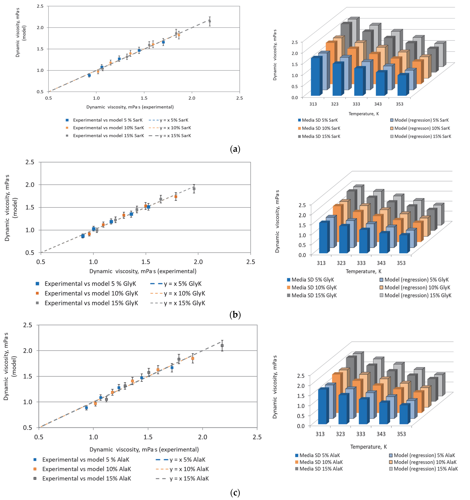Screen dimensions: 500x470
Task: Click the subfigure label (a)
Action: pyautogui.click(x=235, y=149)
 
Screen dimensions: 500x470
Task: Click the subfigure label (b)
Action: pyautogui.click(x=235, y=315)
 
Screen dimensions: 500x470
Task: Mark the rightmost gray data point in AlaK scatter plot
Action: pyautogui.click(x=222, y=346)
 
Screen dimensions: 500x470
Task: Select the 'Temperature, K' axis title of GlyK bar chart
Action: pyautogui.click(x=363, y=271)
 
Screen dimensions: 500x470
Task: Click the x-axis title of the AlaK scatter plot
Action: pyautogui.click(x=144, y=449)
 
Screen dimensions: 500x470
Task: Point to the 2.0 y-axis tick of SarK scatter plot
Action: pyautogui.click(x=40, y=27)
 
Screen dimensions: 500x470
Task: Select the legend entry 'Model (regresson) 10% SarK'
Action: pyautogui.click(x=422, y=128)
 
